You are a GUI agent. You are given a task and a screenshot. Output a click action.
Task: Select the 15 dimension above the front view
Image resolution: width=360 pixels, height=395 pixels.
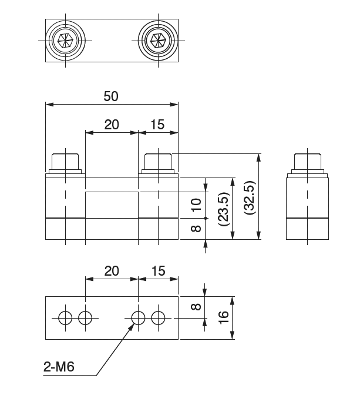157,125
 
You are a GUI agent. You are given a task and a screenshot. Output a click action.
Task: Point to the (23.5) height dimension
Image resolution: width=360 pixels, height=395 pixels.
221,207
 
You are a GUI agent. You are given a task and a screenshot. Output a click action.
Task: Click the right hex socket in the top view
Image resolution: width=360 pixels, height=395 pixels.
157,41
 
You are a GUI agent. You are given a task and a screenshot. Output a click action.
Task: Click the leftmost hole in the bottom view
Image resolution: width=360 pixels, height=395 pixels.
66,318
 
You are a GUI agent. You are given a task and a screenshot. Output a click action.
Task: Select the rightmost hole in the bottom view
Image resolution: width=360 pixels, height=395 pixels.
158,318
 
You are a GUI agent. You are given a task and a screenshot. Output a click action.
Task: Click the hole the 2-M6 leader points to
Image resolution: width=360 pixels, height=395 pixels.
138,318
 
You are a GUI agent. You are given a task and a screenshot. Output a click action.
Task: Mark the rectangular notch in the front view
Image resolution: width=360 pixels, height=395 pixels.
112,205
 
